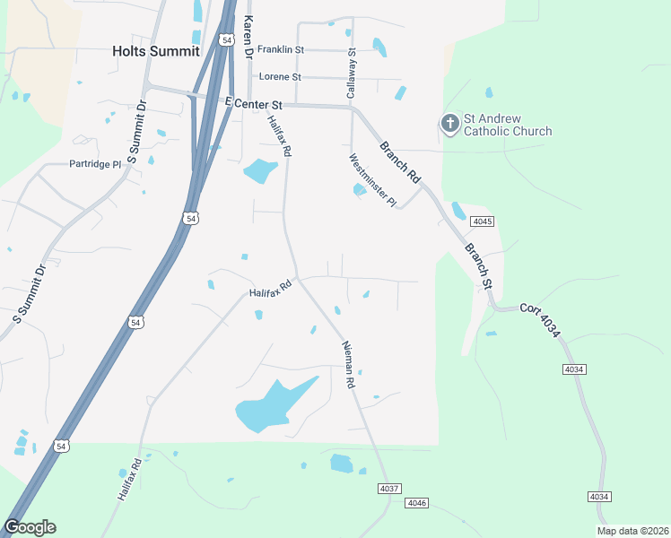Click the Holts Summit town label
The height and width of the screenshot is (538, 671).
pos(155,51)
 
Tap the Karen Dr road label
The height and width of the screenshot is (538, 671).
pos(248,37)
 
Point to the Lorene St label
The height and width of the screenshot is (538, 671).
pos(280,77)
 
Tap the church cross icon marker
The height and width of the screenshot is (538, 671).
pos(449,123)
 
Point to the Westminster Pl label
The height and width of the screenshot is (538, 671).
pos(372,180)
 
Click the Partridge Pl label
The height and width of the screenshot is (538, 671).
pos(95,164)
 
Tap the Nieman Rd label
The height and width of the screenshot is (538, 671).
pos(349,365)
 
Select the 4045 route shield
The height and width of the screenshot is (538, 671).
pos(484,221)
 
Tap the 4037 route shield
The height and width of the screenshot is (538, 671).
pos(389,489)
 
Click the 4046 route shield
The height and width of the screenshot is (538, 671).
pos(416,503)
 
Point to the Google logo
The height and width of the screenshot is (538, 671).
pos(30,527)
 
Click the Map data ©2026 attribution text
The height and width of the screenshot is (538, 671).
pos(632,531)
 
